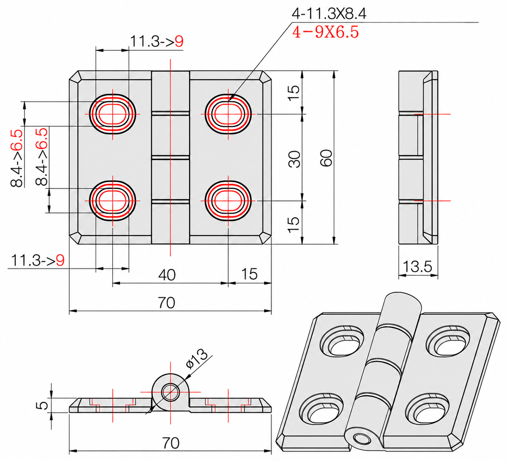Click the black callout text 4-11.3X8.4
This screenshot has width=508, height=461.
pyautogui.click(x=329, y=14)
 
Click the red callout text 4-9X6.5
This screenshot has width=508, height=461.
pyautogui.click(x=326, y=32)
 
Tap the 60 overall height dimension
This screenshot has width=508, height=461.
pyautogui.click(x=326, y=158)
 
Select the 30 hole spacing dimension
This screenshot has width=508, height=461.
pyautogui.click(x=295, y=159)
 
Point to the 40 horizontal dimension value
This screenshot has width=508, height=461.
pyautogui.click(x=167, y=275)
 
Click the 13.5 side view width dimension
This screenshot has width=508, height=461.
pyautogui.click(x=417, y=266)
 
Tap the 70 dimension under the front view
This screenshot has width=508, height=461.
pyautogui.click(x=166, y=303)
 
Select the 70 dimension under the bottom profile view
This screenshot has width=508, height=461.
pyautogui.click(x=171, y=443)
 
